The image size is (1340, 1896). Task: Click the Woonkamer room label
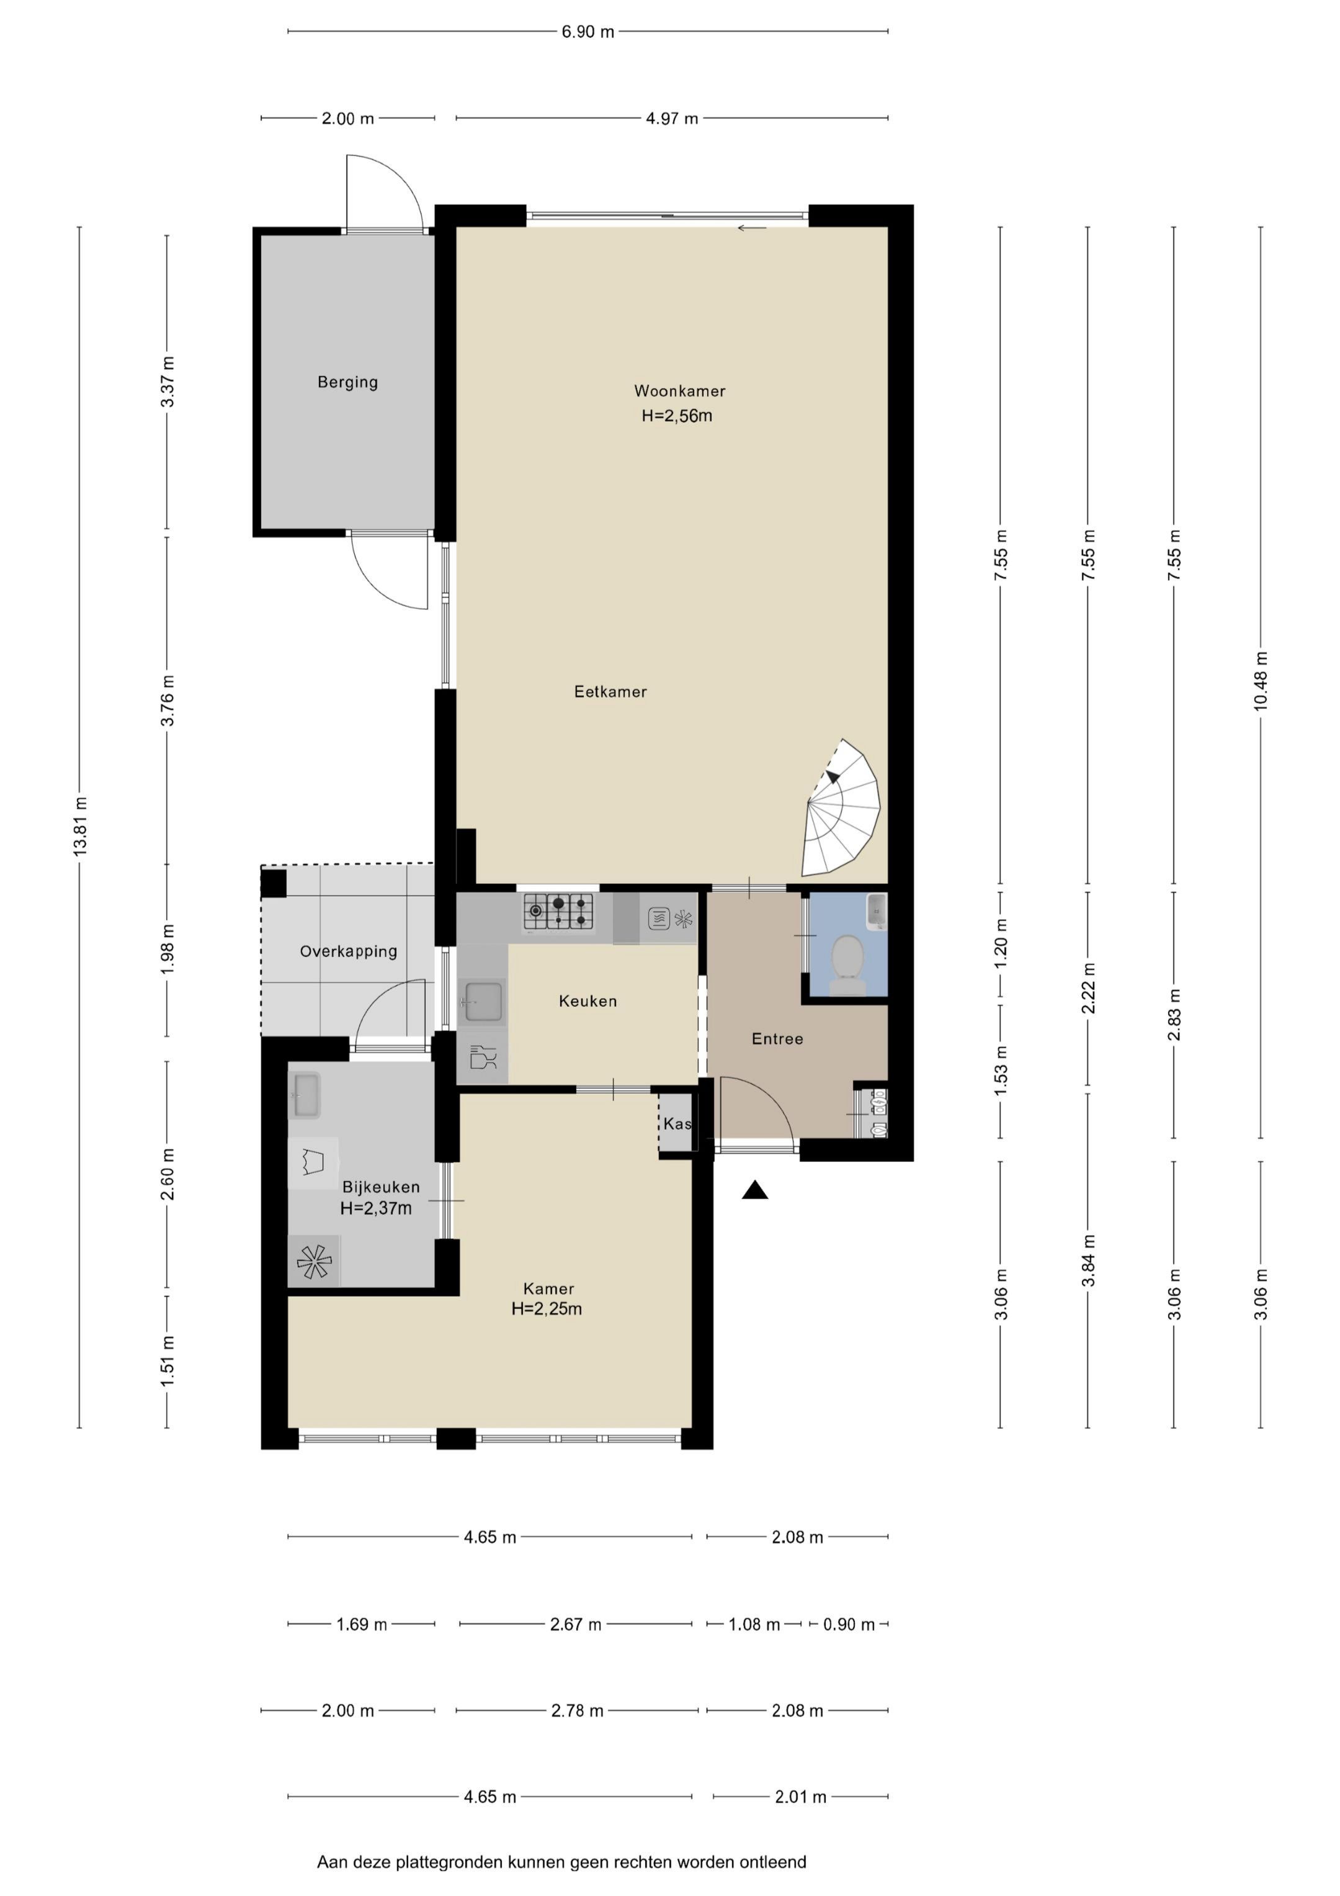[x=679, y=390]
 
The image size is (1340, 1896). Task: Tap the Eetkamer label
[x=610, y=691]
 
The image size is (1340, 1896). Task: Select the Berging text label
[x=347, y=382]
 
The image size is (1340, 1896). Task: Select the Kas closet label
[x=677, y=1124]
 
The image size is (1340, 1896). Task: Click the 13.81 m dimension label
[x=80, y=826]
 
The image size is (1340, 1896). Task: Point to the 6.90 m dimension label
[x=588, y=32]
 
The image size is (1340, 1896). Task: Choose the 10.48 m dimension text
[x=1261, y=681]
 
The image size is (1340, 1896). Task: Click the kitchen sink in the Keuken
[x=483, y=1002]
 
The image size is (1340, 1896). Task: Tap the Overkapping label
[x=349, y=951]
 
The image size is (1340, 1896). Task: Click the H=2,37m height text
[x=376, y=1208]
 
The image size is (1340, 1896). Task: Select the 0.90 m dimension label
[x=849, y=1624]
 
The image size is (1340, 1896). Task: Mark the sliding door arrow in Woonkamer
[x=752, y=228]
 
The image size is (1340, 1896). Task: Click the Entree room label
[x=777, y=1039]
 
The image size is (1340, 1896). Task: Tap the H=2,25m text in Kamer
[x=547, y=1308]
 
